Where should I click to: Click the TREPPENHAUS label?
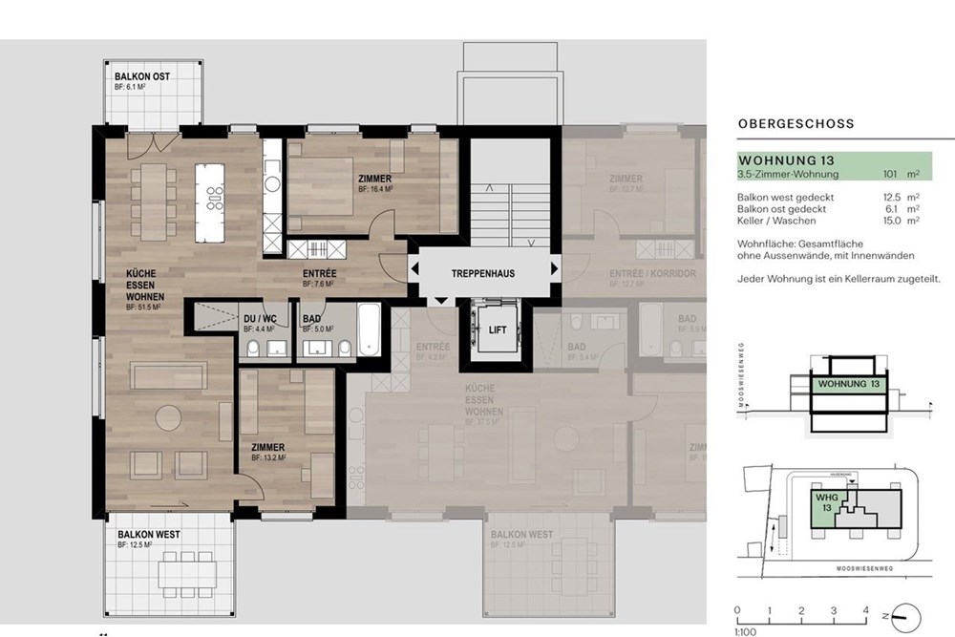pos(483,273)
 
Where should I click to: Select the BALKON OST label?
pos(142,75)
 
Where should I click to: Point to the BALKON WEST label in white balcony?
pos(148,534)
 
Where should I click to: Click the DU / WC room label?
pos(260,317)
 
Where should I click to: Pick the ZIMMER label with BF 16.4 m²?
pos(374,179)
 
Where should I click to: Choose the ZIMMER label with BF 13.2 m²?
pos(268,447)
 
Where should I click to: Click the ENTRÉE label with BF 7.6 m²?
pos(319,273)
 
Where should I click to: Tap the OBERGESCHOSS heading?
pos(796,124)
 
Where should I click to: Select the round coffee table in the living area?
pos(169,418)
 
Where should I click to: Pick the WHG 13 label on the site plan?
pos(823,502)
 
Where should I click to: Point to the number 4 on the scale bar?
pos(866,608)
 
